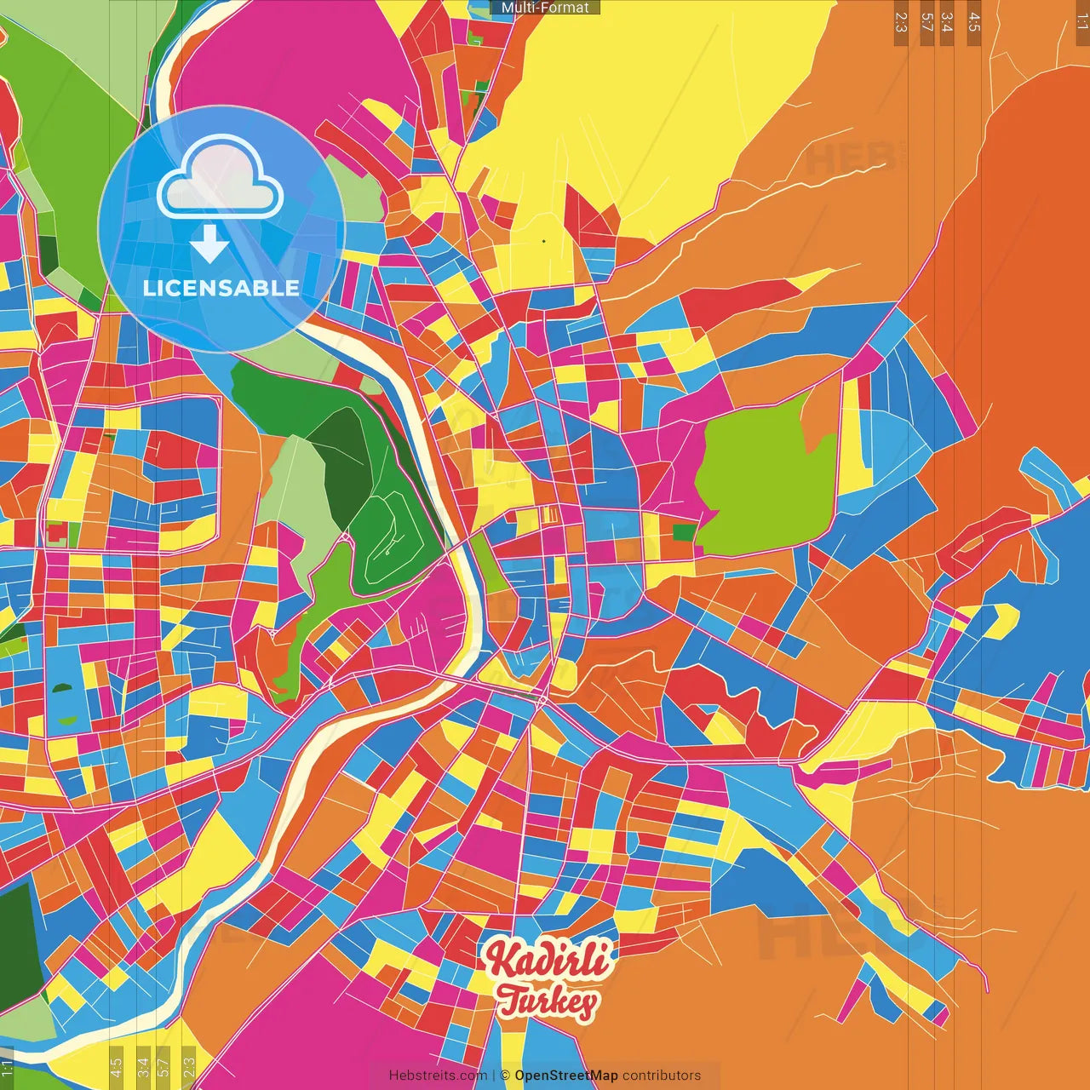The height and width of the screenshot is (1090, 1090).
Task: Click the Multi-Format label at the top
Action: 545,8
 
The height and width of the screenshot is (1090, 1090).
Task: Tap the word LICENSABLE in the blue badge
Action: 221,288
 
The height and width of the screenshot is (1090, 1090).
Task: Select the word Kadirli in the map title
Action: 547,961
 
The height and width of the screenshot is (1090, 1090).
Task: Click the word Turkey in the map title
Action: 547,1001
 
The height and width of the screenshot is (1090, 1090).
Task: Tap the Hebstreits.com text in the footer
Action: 438,1076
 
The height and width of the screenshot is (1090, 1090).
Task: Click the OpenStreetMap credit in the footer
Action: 566,1076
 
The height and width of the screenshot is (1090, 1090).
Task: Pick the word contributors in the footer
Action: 662,1076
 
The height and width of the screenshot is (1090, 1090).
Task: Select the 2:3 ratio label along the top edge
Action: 901,22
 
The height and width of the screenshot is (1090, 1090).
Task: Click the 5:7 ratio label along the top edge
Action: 926,22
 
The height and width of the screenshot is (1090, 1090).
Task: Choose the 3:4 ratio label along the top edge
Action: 947,22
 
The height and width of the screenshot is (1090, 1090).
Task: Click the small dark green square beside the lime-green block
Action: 684,533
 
